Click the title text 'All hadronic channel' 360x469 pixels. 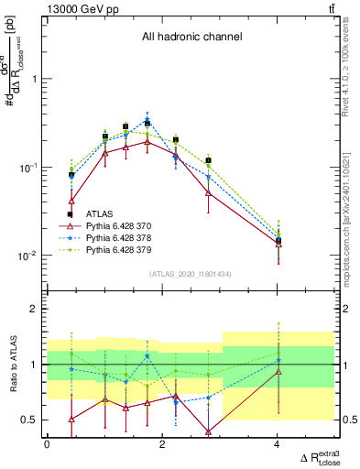(x=191, y=38)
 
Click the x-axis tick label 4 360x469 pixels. (x=278, y=443)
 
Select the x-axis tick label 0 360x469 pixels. (x=48, y=443)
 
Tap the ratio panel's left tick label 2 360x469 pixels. (x=32, y=310)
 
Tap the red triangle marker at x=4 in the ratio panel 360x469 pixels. (x=278, y=372)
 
